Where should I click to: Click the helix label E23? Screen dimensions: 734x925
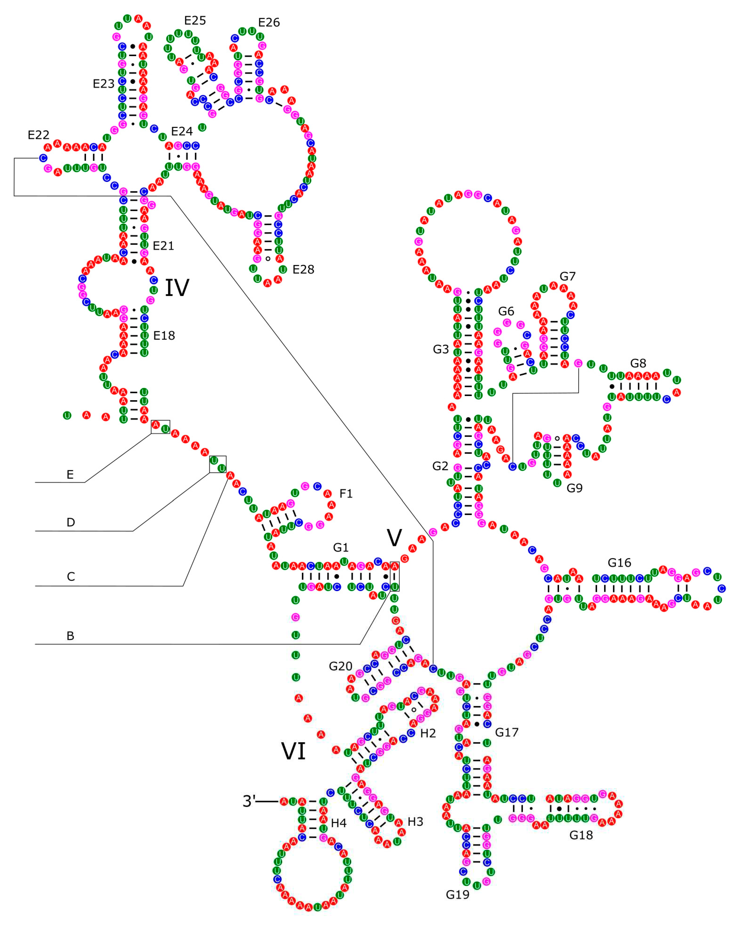[103, 84]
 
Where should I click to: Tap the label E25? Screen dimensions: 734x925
[195, 21]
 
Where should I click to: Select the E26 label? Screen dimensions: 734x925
[269, 22]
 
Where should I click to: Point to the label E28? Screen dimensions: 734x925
[303, 269]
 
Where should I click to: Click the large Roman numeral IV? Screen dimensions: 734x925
[177, 287]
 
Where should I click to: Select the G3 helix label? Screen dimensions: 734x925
[441, 349]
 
